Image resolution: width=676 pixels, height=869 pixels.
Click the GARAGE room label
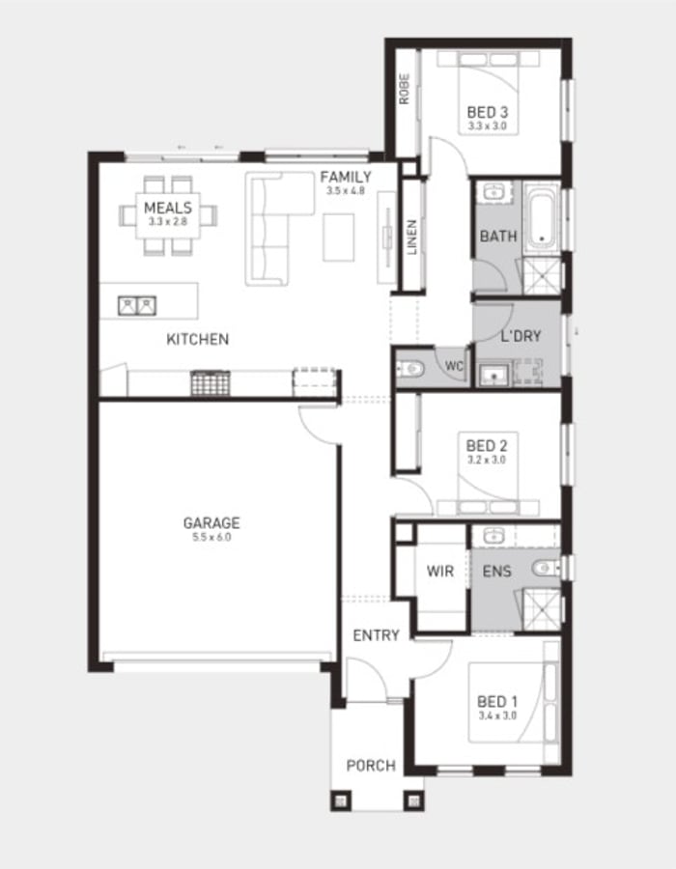pos(211,522)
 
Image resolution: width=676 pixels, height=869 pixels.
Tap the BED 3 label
pos(487,113)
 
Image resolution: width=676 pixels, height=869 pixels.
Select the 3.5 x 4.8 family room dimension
pos(345,191)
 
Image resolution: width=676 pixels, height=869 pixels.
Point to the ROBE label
pos(405,89)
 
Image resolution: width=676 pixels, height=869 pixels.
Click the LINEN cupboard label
pos(411,238)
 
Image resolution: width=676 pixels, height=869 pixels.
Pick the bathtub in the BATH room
pos(542,218)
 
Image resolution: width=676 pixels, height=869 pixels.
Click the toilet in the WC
pos(410,368)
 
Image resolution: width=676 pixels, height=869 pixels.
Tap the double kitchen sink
pos(137,306)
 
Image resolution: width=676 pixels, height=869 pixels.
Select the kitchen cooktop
pos(210,383)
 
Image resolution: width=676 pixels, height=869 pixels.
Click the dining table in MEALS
pos(168,215)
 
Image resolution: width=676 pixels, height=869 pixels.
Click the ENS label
pos(496,572)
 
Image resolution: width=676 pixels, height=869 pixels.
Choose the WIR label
pos(440,572)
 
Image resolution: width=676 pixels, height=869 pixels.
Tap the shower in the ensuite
pos(542,609)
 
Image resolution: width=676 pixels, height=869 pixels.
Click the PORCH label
pos(371,766)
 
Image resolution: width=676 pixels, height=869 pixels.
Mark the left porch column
pos(341,800)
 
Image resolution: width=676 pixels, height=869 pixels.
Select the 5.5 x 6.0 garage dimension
pos(211,537)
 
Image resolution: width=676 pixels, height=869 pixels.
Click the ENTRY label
pos(377,635)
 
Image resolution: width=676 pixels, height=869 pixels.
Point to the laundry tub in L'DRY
pos(493,375)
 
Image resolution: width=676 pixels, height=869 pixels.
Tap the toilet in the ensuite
pos(547,568)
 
